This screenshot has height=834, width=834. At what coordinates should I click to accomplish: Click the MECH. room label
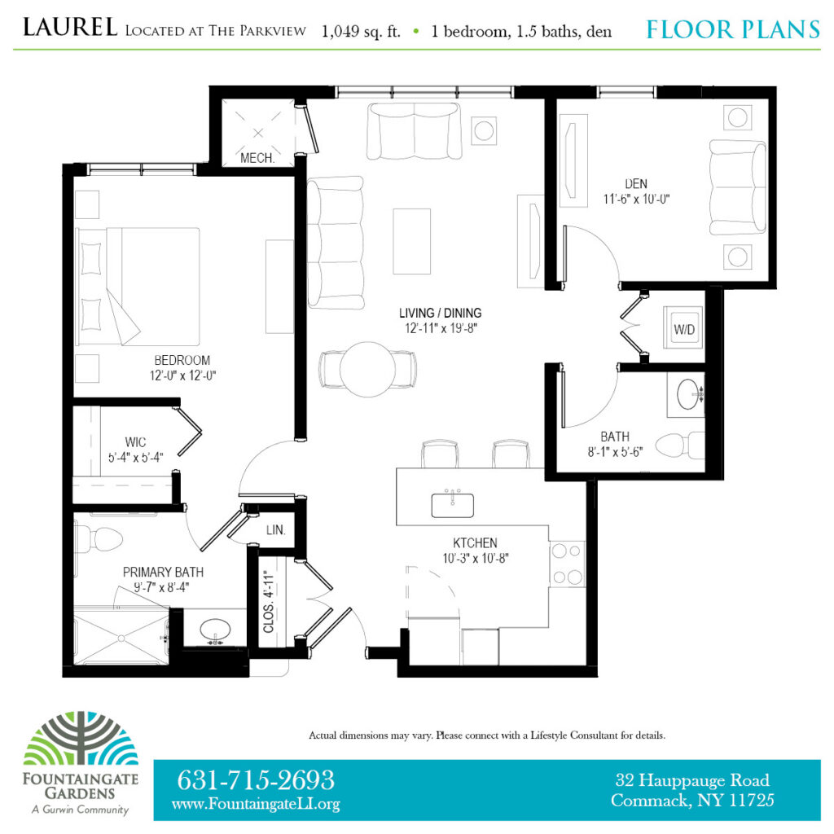257,158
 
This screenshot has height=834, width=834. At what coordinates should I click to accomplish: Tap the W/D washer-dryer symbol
683,330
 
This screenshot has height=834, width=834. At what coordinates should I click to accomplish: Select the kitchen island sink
454,504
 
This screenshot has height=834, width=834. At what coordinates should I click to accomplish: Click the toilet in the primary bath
99,538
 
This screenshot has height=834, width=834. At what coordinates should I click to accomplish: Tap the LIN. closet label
275,530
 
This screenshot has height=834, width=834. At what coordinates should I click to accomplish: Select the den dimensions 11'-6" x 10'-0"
636,198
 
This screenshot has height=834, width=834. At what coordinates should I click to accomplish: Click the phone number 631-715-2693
256,779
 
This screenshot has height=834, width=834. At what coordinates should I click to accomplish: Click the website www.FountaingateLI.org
256,804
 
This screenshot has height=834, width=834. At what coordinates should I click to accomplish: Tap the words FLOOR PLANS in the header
732,31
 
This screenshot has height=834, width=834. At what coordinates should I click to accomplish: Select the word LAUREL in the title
71,29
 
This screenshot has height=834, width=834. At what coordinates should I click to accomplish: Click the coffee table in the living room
412,241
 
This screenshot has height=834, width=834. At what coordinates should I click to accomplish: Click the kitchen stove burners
568,564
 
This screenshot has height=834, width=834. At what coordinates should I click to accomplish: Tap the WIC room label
136,442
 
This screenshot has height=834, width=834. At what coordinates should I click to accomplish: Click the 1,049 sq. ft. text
361,32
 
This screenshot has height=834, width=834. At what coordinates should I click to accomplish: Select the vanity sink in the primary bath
213,629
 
